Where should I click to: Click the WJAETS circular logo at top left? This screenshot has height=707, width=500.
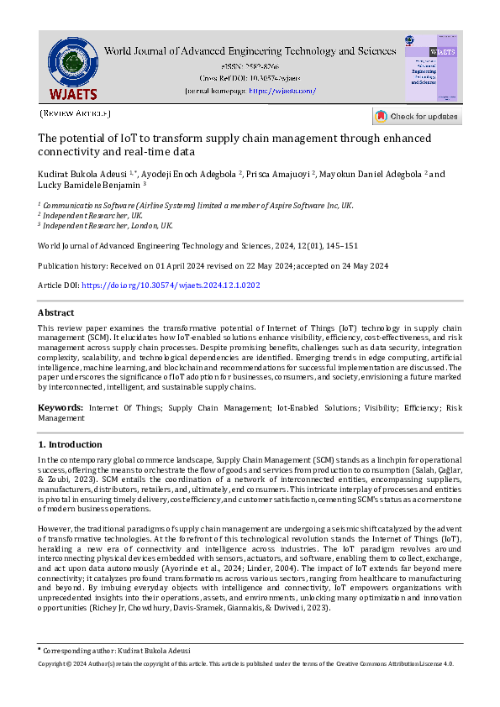coord(72,65)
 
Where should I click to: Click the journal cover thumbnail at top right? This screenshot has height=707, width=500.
coord(432,68)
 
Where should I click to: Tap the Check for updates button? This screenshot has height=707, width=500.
coord(417,116)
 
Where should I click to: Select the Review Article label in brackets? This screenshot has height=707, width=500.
coord(75,113)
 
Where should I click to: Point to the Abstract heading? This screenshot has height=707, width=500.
coord(56,312)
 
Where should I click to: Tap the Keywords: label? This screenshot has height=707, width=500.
coord(60,407)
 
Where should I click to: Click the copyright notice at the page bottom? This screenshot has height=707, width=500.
coord(246,663)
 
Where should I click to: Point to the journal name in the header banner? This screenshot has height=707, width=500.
coord(250,51)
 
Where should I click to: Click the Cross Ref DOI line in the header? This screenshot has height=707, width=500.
coord(250,77)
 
